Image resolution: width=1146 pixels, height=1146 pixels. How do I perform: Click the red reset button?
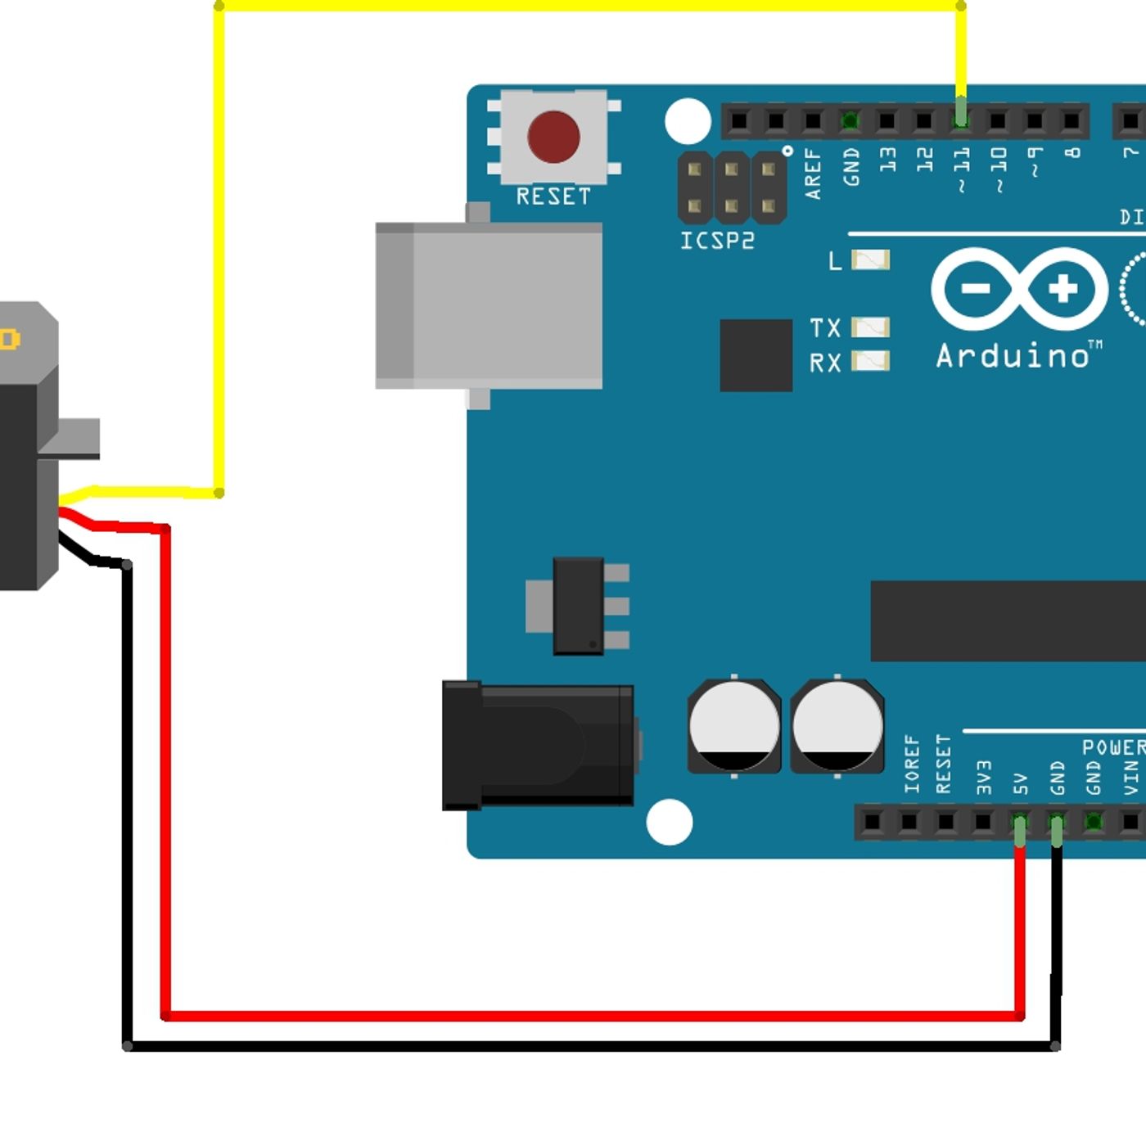point(553,136)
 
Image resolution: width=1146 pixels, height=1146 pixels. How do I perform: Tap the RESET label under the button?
point(553,196)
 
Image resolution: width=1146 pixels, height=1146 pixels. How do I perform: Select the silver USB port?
point(490,305)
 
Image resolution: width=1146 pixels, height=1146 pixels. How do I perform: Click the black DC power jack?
point(539,746)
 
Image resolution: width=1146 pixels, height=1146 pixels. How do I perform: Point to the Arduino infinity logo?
point(1019,289)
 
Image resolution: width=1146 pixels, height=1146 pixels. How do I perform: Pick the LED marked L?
point(870,260)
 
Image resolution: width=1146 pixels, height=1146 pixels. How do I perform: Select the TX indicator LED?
point(870,327)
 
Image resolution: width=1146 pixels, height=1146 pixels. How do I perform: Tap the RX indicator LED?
point(870,361)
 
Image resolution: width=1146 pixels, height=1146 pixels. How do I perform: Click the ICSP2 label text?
point(717,241)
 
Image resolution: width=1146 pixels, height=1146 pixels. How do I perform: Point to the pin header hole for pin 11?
point(961,121)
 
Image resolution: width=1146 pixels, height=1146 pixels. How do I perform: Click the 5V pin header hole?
point(1019,821)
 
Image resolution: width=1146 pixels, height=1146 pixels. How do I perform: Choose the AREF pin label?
point(813,174)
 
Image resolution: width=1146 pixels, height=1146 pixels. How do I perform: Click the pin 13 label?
point(888,160)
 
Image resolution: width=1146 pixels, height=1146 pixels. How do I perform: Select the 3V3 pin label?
point(984,778)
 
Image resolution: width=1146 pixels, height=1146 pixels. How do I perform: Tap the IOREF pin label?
point(912,765)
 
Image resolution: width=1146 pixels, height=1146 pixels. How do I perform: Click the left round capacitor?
point(734,726)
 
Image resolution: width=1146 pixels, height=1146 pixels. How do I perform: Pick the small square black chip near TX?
point(756,355)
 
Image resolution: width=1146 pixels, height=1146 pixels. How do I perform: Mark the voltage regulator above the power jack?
point(579,606)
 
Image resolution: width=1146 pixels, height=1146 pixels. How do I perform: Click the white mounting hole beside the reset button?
point(688,121)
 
